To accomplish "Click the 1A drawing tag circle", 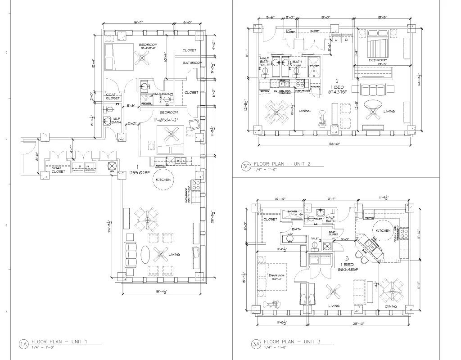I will [23, 344].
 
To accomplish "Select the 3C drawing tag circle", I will [246, 166].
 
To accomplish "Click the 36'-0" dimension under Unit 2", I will [334, 144].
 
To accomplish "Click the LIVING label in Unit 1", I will [174, 255].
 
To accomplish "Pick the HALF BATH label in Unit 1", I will [116, 121].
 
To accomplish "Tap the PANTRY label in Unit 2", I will [316, 86].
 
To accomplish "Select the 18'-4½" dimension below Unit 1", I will [160, 292].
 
